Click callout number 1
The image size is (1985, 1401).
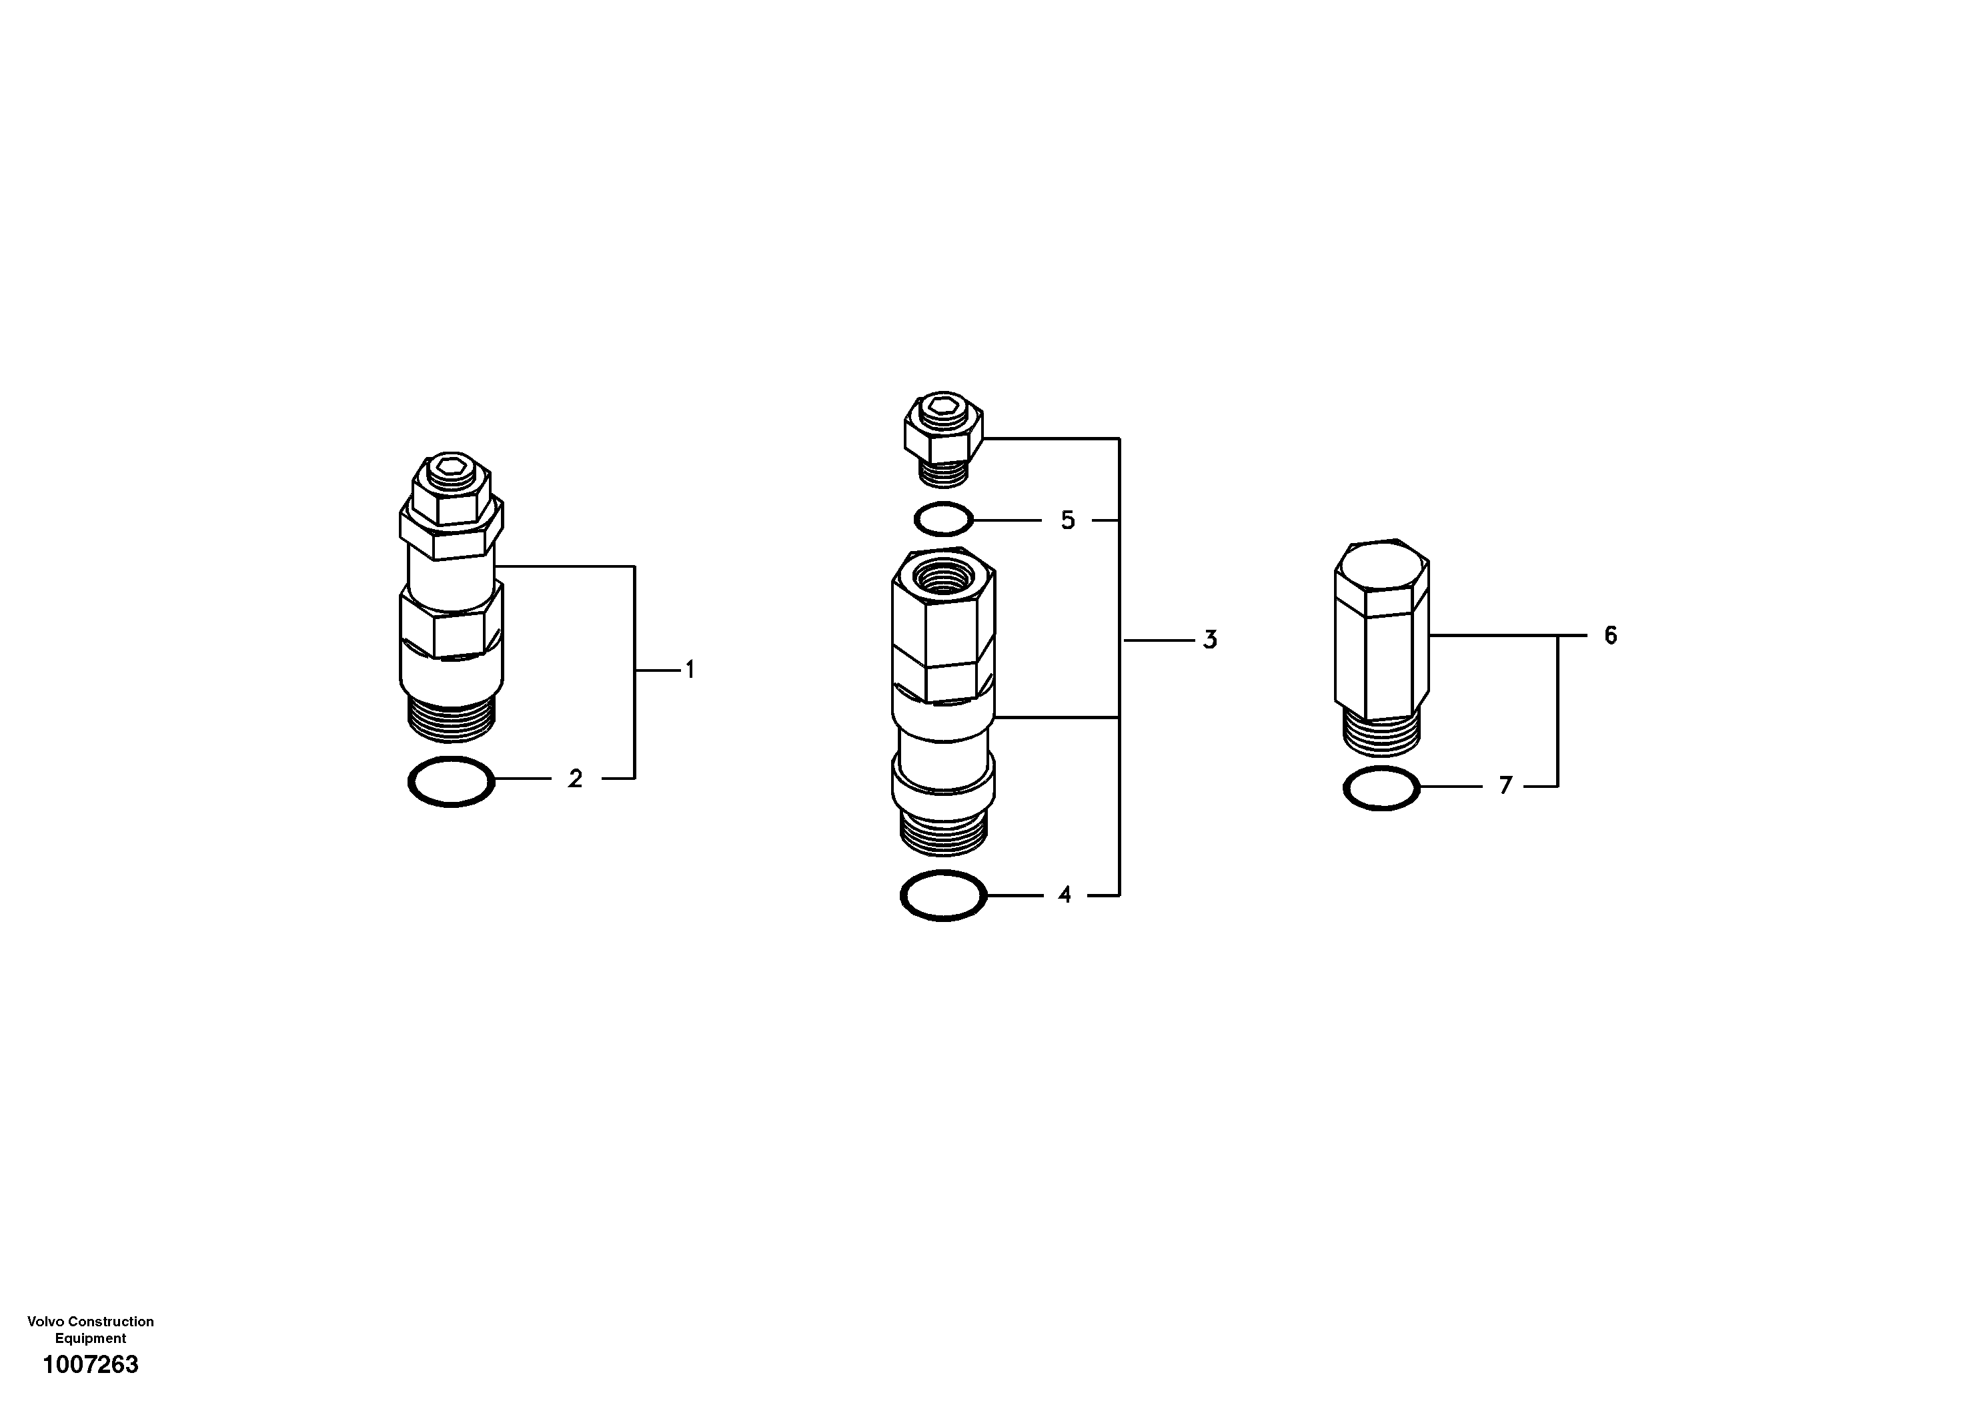coord(690,669)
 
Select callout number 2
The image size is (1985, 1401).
coord(575,779)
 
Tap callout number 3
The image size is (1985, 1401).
coord(1209,640)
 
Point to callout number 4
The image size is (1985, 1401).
coord(1065,895)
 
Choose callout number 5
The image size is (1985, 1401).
coord(1068,520)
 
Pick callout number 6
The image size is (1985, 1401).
coord(1609,636)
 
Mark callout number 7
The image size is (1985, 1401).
coord(1505,785)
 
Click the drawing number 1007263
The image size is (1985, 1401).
coord(91,1365)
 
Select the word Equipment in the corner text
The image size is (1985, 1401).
coord(91,1338)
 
